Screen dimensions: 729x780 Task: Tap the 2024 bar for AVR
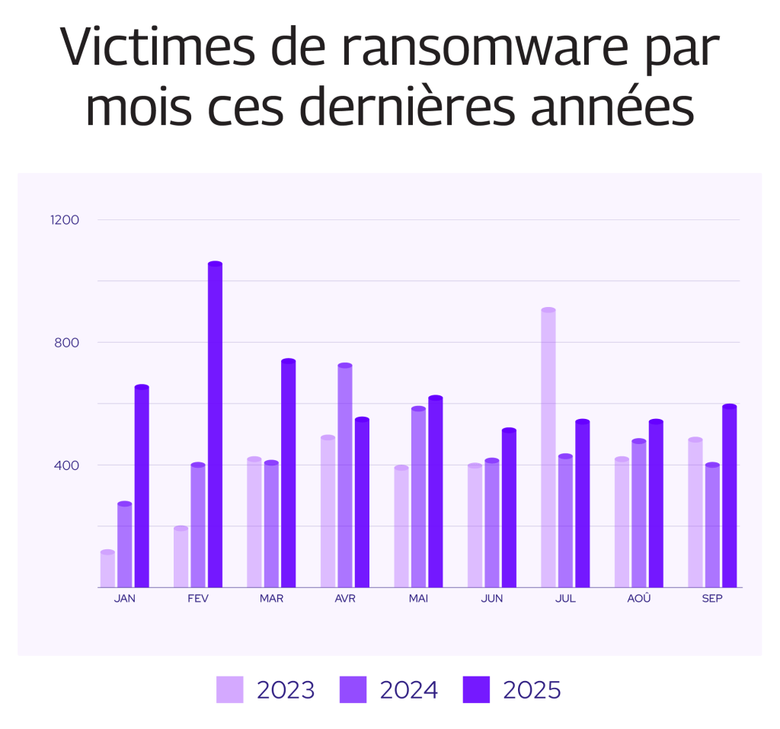345,476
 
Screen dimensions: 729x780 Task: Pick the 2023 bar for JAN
107,569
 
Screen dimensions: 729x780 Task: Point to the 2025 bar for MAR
288,474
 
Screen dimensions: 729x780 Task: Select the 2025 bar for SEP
730,497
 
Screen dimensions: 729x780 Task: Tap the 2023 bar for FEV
181,558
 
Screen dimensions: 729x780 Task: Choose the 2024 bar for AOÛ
638,513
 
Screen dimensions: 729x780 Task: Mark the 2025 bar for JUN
509,508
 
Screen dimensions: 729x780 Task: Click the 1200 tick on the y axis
66,220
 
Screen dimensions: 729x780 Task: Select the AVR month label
345,599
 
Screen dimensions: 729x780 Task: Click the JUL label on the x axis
565,599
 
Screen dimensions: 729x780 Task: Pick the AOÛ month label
639,599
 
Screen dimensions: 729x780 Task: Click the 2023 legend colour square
230,689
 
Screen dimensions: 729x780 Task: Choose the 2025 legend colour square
476,689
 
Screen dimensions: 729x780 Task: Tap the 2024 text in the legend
409,690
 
